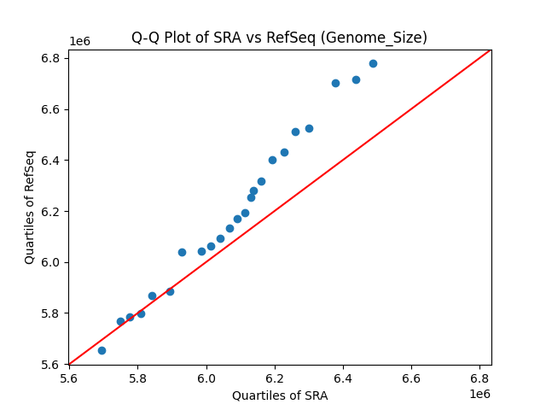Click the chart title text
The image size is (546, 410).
[279, 38]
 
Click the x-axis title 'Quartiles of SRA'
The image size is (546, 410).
[280, 395]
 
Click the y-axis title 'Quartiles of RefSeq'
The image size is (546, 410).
[30, 207]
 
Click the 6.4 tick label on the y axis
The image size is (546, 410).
[50, 161]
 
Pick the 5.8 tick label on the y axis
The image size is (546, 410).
[50, 313]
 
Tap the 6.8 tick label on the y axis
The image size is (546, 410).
[50, 58]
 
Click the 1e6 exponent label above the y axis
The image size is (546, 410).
[79, 42]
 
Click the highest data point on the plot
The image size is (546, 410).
[373, 63]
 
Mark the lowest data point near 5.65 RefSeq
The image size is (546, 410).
[102, 350]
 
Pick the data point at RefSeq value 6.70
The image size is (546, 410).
[335, 83]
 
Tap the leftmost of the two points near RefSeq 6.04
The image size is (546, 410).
[182, 252]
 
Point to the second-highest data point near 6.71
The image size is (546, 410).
[356, 79]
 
